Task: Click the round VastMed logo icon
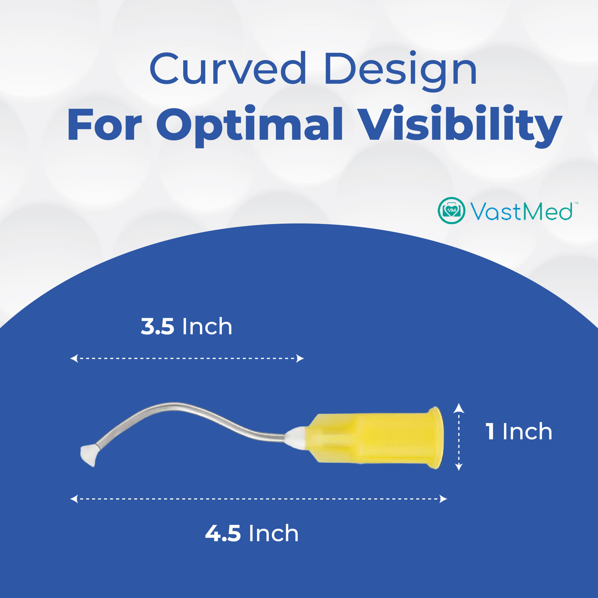pos(451,210)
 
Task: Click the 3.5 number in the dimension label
pos(157,326)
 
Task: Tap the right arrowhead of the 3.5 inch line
pos(300,358)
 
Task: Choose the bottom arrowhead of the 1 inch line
pos(459,467)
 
